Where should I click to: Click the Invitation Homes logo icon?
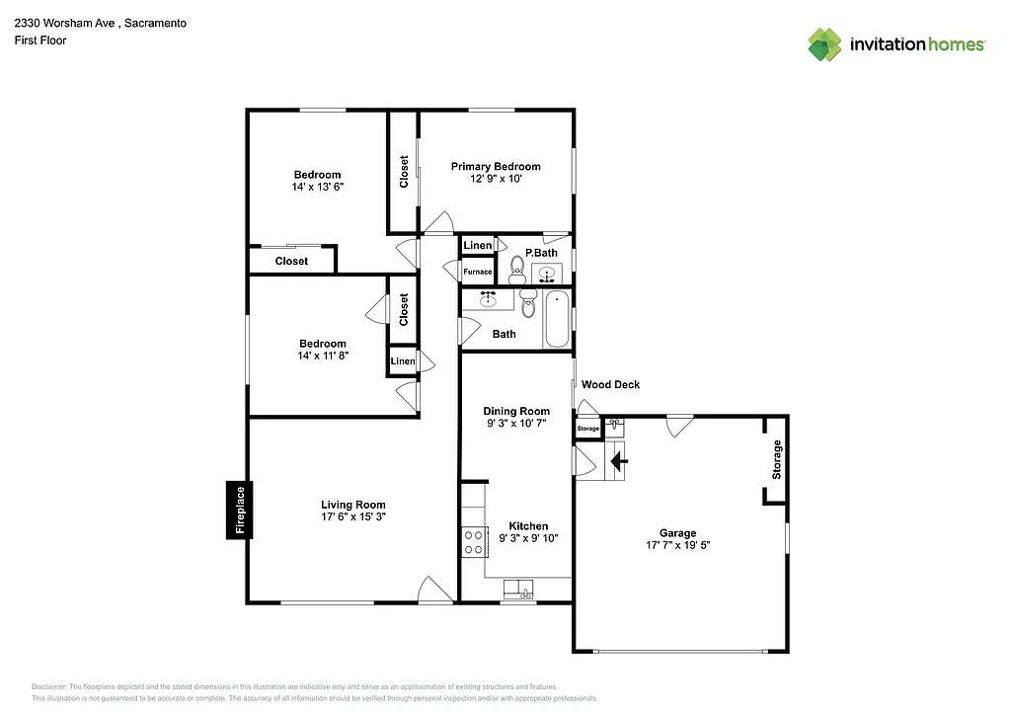(x=825, y=44)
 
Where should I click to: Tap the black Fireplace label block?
(x=237, y=510)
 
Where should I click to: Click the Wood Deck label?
(x=610, y=384)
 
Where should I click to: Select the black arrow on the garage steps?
(x=619, y=460)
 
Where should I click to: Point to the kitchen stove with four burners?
(x=474, y=541)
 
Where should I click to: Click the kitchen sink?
(x=518, y=590)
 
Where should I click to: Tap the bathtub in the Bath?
(x=557, y=318)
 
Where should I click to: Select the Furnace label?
(x=478, y=272)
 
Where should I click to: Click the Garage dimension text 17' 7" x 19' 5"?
(x=678, y=545)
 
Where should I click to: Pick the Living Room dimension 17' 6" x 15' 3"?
(x=352, y=516)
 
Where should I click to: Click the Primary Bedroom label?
(x=496, y=167)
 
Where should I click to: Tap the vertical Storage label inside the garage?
(x=777, y=460)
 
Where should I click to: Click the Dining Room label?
(x=515, y=411)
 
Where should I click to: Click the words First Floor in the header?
(x=40, y=40)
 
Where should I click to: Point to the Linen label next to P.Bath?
(x=478, y=245)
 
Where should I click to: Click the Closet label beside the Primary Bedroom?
(x=404, y=172)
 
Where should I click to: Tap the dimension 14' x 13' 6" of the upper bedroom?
(x=317, y=187)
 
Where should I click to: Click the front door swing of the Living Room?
(x=434, y=589)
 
